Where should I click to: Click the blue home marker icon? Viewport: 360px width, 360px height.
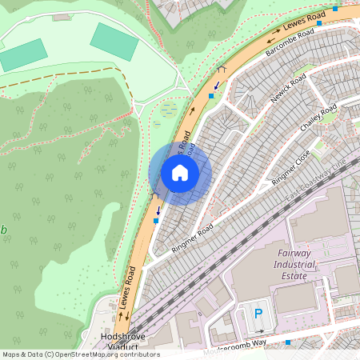pos(180,172)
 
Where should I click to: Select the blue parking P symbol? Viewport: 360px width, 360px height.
pos(258,314)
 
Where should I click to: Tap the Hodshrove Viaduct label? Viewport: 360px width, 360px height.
pos(122,342)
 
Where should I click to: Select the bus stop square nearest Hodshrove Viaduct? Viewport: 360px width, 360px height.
pos(155,220)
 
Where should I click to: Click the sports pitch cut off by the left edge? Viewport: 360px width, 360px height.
pos(22,54)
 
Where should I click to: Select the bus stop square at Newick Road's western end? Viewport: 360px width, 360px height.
pos(211,96)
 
